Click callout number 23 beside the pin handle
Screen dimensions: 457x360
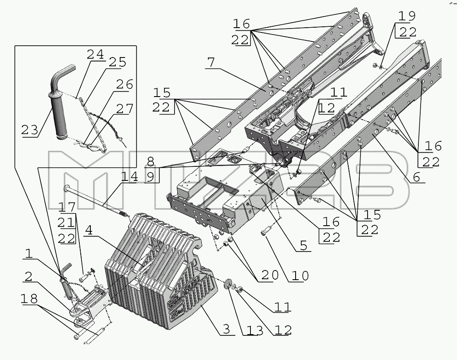click(x=30, y=130)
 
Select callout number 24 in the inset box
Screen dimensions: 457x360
click(x=95, y=54)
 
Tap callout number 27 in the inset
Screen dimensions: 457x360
click(x=125, y=109)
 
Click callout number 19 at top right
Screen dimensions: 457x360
click(x=407, y=16)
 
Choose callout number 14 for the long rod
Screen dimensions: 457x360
click(x=130, y=176)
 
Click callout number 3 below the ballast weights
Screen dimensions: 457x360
click(x=226, y=329)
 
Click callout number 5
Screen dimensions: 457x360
click(x=303, y=245)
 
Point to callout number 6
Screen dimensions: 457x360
click(x=417, y=177)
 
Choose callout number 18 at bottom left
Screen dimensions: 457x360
click(x=29, y=299)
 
